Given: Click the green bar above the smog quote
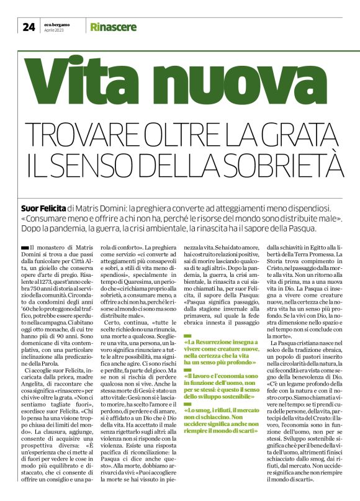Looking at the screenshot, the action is coord(188,386).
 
